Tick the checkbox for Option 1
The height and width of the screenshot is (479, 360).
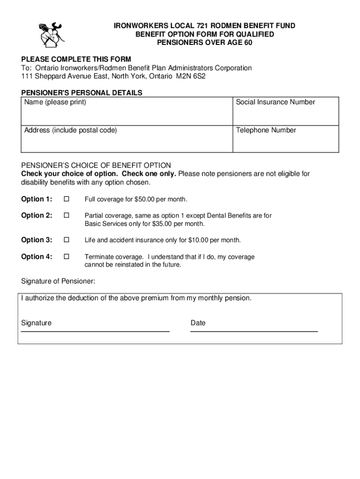[66, 199]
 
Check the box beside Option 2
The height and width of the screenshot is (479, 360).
[66, 216]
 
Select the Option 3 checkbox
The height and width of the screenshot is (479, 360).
[66, 240]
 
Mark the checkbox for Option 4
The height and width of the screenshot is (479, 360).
[66, 257]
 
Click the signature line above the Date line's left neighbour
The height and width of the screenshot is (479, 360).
[95, 331]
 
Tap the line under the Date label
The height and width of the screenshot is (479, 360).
[254, 331]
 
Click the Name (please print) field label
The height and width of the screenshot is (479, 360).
[55, 102]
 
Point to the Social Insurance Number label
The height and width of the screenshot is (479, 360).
[275, 102]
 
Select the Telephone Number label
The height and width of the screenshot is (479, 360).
[266, 131]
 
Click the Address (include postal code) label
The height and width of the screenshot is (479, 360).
[71, 131]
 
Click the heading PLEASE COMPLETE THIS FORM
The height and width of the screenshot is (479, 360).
[76, 59]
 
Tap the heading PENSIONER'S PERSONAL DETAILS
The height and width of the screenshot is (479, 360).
[82, 93]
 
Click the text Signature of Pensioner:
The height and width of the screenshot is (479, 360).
[58, 281]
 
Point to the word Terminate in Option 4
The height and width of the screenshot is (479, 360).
[99, 257]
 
